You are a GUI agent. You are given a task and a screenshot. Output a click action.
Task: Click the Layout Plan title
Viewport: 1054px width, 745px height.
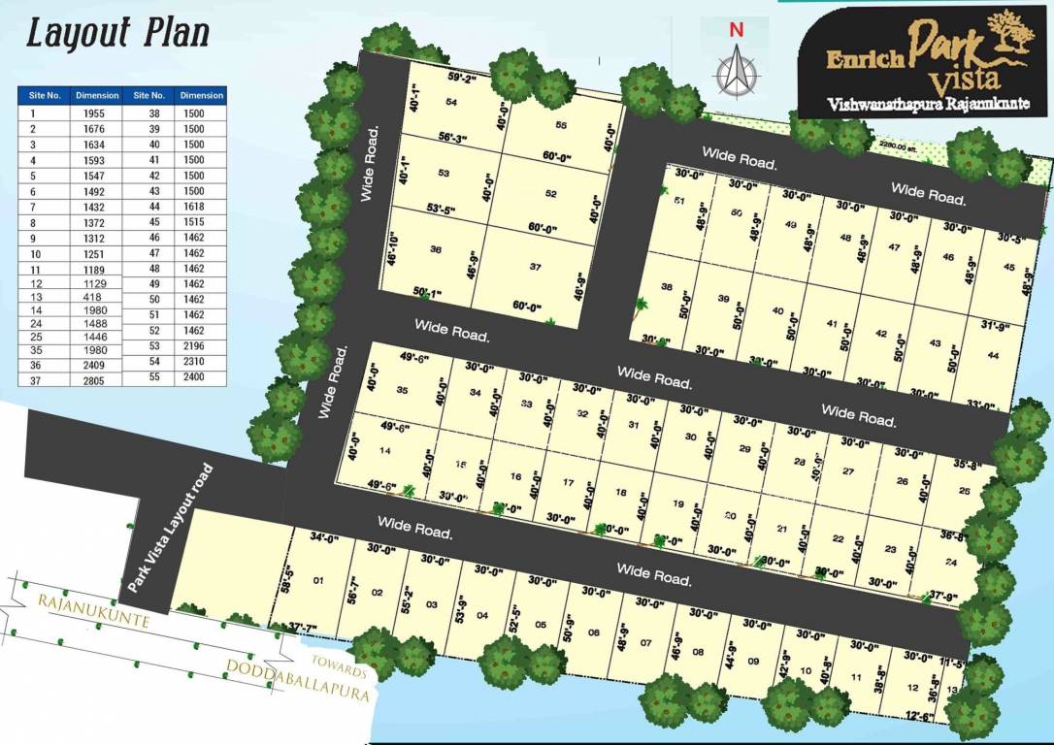click(x=116, y=34)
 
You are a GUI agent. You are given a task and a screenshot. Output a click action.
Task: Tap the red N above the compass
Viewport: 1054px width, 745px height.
click(x=737, y=29)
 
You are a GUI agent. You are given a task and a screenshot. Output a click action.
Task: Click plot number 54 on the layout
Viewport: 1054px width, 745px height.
click(x=451, y=102)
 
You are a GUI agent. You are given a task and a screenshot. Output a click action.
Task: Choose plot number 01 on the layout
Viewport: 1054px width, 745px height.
click(x=316, y=582)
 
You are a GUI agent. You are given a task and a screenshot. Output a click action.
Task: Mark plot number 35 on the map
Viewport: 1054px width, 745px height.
click(x=402, y=390)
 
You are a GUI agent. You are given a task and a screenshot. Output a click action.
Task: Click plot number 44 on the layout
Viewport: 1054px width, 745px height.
click(x=992, y=355)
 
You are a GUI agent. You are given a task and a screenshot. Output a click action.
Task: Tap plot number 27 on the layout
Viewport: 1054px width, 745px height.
click(x=847, y=470)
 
